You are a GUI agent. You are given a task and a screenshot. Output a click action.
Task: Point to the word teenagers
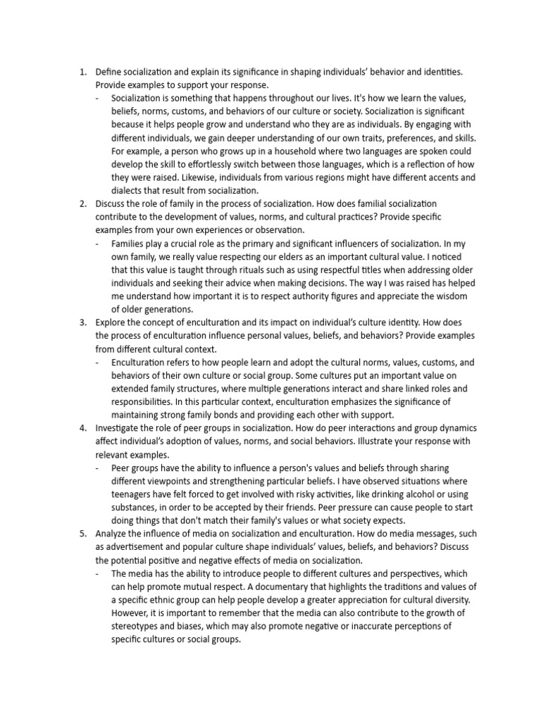click(135, 495)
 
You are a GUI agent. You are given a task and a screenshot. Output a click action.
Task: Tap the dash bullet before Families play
click(97, 244)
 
